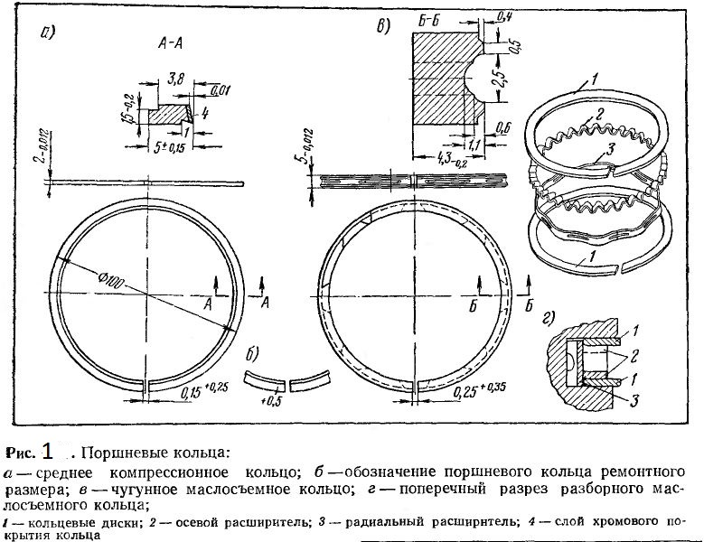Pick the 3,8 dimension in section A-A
[174, 83]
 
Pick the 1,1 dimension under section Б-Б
[472, 142]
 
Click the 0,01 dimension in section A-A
[220, 90]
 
